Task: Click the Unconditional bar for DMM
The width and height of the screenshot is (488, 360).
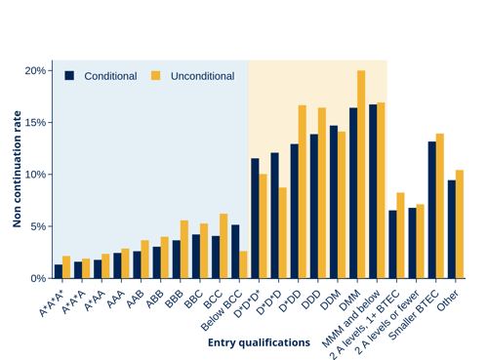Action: [x=361, y=175]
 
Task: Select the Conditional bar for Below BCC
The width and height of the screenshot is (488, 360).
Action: [x=235, y=252]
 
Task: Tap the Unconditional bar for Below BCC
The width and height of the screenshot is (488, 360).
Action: [x=243, y=264]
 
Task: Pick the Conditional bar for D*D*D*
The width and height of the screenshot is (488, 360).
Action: [x=255, y=219]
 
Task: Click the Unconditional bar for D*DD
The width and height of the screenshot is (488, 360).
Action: [x=303, y=192]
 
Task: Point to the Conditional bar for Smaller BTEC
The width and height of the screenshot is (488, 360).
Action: [x=432, y=210]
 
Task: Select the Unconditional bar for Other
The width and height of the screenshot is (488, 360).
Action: [x=460, y=224]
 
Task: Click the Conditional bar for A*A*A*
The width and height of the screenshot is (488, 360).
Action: [x=59, y=271]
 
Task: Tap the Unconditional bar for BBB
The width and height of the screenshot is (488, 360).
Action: [x=184, y=250]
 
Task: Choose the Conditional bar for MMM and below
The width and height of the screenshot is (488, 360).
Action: [x=373, y=191]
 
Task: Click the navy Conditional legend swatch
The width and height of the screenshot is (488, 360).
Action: [x=69, y=76]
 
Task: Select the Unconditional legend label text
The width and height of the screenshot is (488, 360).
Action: [x=202, y=76]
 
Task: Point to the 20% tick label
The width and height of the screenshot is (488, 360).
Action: [x=35, y=70]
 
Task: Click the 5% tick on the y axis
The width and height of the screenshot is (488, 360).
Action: [x=50, y=226]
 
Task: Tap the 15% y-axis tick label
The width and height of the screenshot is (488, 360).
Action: [x=35, y=123]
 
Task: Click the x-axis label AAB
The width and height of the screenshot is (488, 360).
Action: [x=136, y=300]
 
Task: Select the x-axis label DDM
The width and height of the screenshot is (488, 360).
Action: [x=331, y=300]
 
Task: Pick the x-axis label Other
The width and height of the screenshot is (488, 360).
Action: [x=448, y=300]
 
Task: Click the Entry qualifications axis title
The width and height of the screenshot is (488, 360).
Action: [x=259, y=342]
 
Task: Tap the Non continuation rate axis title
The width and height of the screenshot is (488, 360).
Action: [x=17, y=169]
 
